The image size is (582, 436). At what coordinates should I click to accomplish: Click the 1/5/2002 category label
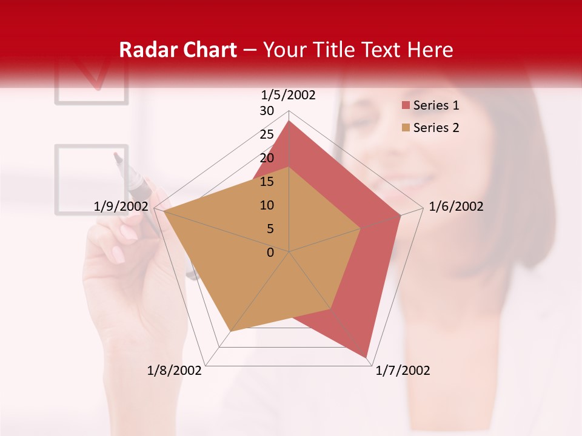(x=289, y=94)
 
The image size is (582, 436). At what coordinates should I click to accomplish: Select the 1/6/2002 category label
(x=456, y=206)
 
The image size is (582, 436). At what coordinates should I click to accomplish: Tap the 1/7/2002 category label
(x=403, y=371)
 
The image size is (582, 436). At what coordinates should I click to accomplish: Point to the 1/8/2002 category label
(x=175, y=371)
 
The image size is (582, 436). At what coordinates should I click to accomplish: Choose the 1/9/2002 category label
(x=121, y=206)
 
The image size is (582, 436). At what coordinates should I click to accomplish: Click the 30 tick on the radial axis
(x=267, y=111)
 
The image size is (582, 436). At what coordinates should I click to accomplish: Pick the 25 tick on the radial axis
(x=267, y=134)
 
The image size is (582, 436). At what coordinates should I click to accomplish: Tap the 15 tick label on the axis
(x=267, y=182)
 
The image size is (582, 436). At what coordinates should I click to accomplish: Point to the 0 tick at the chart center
(x=270, y=253)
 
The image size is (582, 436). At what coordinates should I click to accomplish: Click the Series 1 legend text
(x=436, y=105)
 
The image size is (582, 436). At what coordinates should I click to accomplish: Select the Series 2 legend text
(x=436, y=128)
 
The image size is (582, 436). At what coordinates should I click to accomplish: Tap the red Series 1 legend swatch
(x=406, y=105)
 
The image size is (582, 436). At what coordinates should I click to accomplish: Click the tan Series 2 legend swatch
(x=406, y=128)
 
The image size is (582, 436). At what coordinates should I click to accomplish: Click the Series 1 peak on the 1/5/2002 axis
(x=289, y=121)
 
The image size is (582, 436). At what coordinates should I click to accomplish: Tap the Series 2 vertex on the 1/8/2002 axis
(x=230, y=331)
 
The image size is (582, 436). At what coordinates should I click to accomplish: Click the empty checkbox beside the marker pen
(x=92, y=179)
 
